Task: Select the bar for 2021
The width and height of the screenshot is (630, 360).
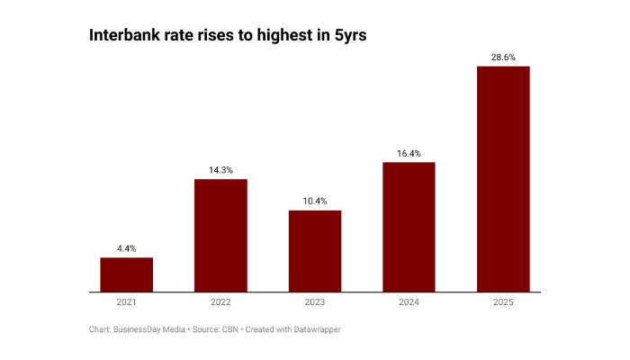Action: [126, 274]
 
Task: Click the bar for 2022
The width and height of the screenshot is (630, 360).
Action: [220, 236]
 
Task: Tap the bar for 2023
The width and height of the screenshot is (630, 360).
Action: [315, 251]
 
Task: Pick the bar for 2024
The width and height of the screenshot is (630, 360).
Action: [409, 227]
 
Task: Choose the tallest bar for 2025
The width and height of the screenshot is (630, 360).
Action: [503, 179]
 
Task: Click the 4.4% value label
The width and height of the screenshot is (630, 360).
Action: [126, 248]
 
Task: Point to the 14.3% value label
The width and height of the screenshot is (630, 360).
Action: [220, 169]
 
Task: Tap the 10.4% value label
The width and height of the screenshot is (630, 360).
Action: [315, 201]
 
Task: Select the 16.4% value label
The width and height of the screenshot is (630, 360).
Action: [409, 153]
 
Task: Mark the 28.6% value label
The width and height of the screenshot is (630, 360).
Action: [503, 57]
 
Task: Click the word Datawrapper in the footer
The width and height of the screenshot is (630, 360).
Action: [315, 330]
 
